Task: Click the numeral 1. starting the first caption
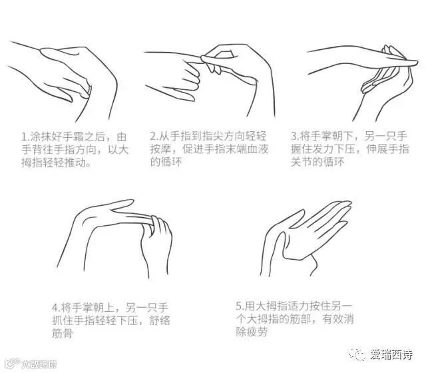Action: (25, 137)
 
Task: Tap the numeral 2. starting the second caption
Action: (154, 136)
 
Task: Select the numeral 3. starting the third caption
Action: (295, 136)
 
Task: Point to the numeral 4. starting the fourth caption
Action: (56, 308)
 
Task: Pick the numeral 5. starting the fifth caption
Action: (240, 306)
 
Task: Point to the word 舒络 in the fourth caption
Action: (160, 320)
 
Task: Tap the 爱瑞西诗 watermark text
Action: (391, 354)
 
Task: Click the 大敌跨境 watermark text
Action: (40, 364)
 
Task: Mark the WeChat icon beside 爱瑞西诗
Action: (357, 354)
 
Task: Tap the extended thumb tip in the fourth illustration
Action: (132, 201)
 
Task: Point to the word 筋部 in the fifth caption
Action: (300, 319)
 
